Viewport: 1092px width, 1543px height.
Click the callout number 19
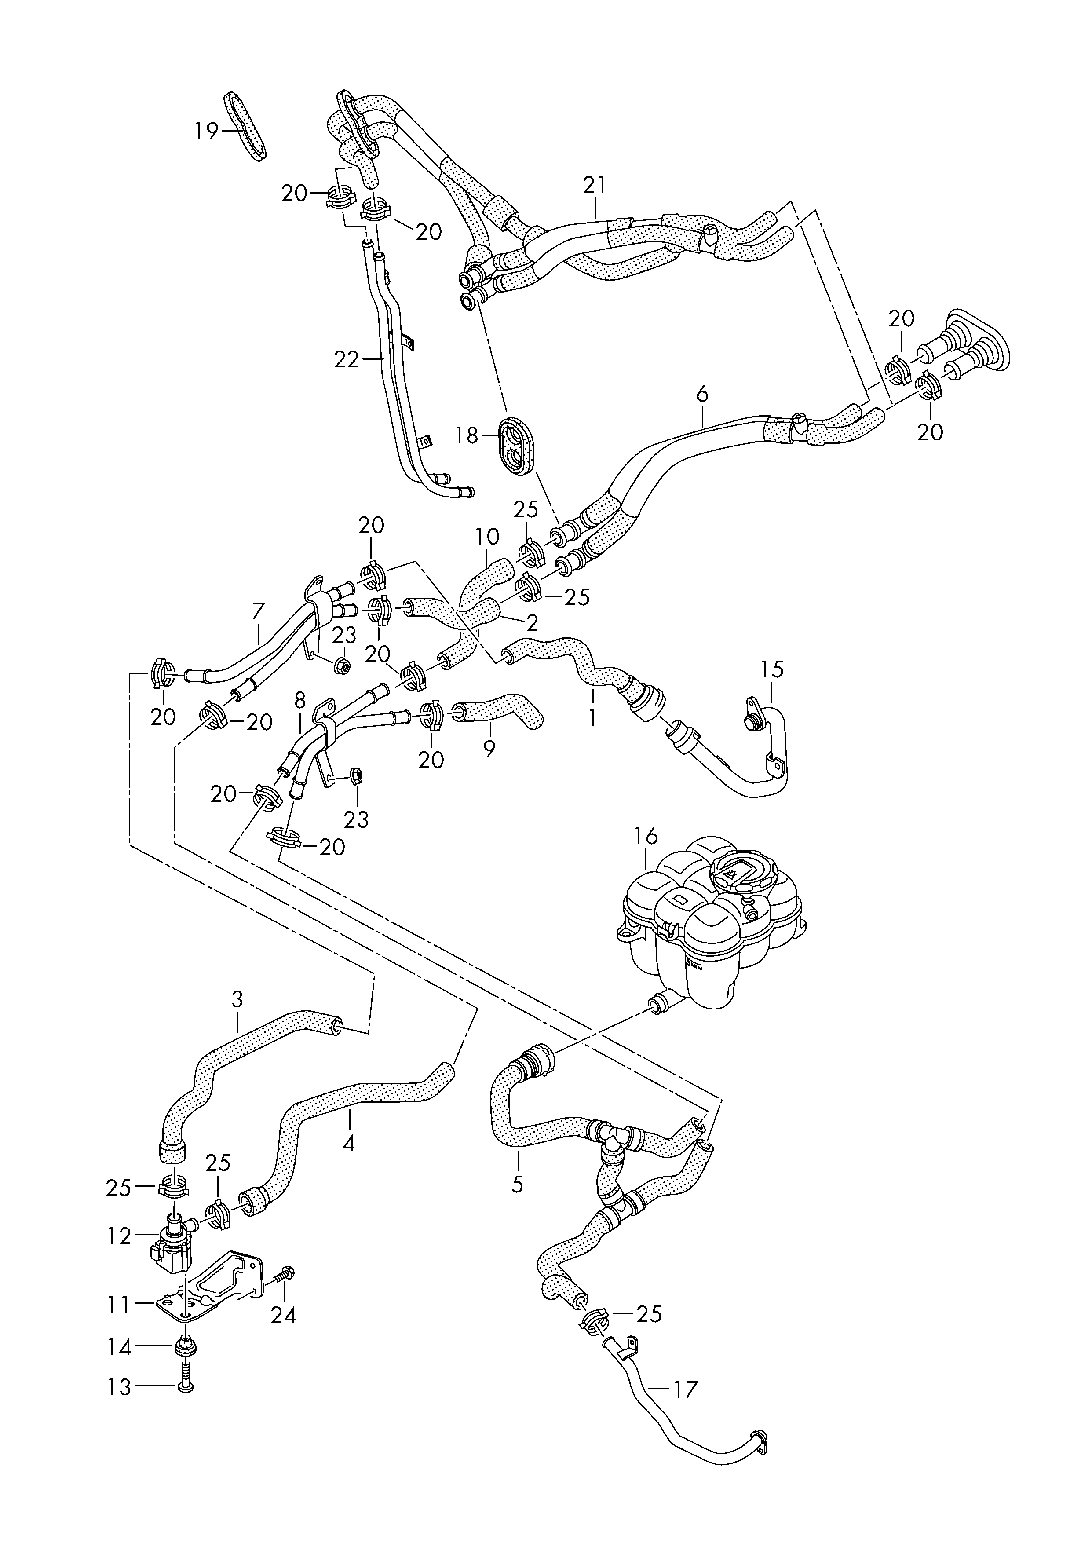(207, 131)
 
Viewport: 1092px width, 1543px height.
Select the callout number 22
(347, 360)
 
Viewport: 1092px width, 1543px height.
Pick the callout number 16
(646, 837)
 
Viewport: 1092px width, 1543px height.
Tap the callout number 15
(773, 669)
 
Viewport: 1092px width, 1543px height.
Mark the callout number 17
(686, 1389)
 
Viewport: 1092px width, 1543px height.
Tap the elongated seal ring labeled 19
(245, 126)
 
